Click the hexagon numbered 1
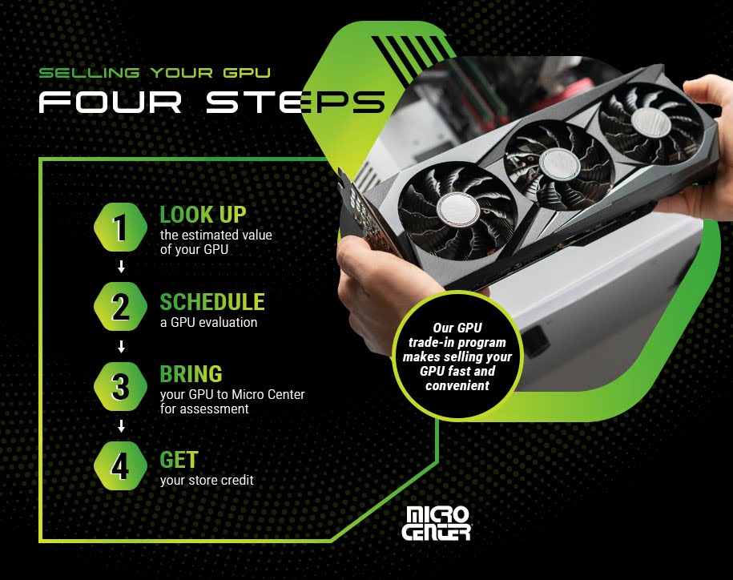click(120, 228)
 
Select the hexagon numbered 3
click(120, 387)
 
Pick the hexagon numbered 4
click(120, 466)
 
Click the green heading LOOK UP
click(203, 215)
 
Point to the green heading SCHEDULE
click(211, 302)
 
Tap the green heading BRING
click(191, 374)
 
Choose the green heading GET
click(179, 460)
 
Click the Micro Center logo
click(438, 523)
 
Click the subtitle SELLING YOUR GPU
click(155, 73)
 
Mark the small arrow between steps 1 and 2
click(121, 268)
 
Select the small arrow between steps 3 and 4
click(121, 427)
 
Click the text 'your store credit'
click(207, 481)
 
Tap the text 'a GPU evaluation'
click(208, 322)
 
